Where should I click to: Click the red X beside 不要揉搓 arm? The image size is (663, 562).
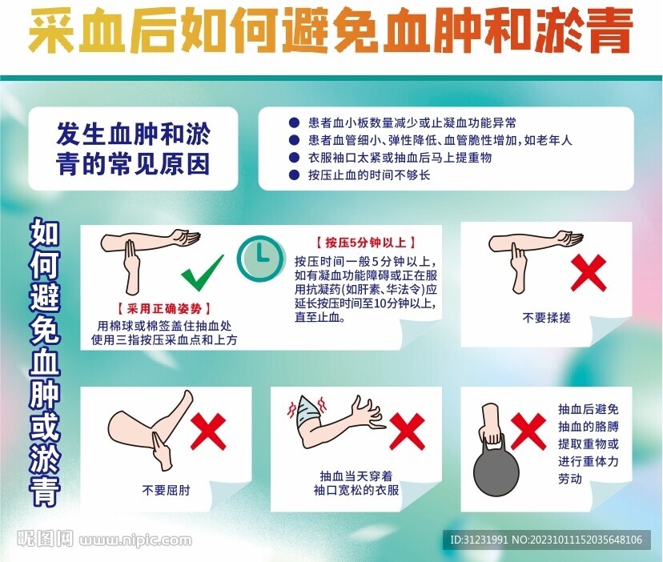click(x=589, y=273)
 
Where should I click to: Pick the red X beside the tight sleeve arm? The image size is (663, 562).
click(x=407, y=432)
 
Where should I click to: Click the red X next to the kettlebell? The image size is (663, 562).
click(x=528, y=432)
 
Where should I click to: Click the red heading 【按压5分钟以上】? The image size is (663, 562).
click(x=366, y=243)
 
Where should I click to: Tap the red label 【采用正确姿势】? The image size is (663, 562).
click(x=163, y=308)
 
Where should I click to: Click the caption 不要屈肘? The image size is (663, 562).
click(x=167, y=490)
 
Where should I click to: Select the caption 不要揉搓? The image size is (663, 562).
click(x=546, y=318)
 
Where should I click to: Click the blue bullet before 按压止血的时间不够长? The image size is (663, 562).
click(x=294, y=175)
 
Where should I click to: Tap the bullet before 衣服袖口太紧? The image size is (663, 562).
click(x=294, y=158)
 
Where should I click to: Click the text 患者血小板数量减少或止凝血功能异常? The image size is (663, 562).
click(x=412, y=123)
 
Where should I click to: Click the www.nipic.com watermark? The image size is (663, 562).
click(x=135, y=540)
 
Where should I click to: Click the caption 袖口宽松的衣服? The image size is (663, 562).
click(x=356, y=491)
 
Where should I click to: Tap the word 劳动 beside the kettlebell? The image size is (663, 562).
click(x=570, y=479)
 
